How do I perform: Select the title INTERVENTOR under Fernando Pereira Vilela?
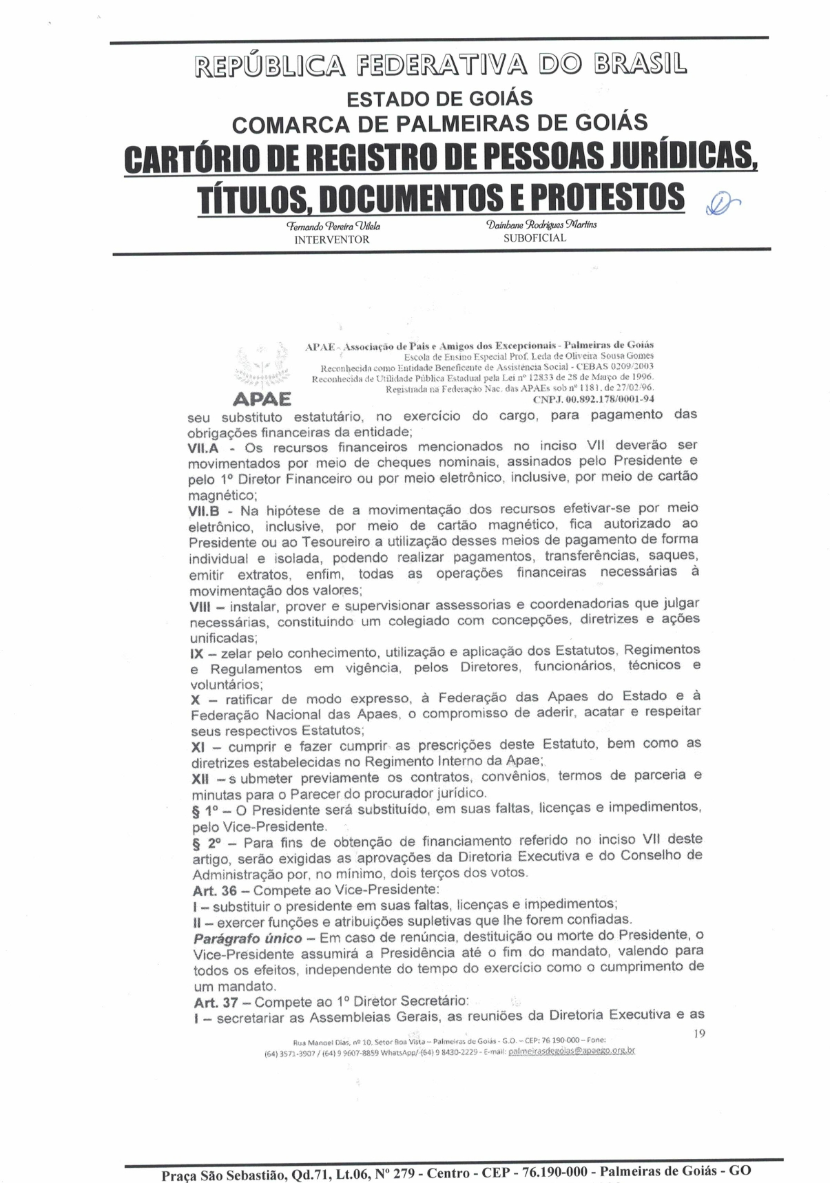(x=332, y=240)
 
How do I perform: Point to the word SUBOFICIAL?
(x=535, y=238)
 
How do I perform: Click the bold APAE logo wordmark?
(x=262, y=399)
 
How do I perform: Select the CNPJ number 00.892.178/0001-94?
(x=594, y=399)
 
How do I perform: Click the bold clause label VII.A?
(x=204, y=448)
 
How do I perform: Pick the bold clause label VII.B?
(x=204, y=512)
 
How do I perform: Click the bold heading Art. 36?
(x=215, y=890)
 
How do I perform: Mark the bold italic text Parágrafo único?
(x=247, y=939)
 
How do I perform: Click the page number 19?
(x=698, y=1033)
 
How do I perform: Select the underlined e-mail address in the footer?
(x=571, y=1051)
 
